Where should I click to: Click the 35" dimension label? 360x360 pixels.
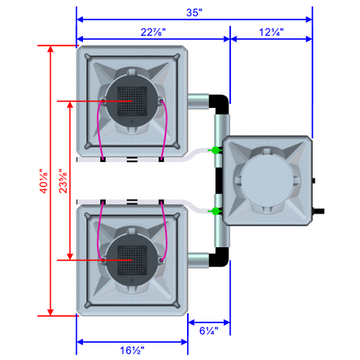point(194,13)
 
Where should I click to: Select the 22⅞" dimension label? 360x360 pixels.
point(153,32)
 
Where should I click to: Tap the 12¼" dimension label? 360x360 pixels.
point(272,32)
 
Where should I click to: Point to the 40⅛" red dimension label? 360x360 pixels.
point(44,181)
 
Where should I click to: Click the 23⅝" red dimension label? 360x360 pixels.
point(63,181)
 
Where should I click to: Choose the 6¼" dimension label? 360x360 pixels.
point(209,331)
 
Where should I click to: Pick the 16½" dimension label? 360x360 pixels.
point(132,350)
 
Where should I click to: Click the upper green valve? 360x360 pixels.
point(215,150)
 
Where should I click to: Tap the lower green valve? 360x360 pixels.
point(215,211)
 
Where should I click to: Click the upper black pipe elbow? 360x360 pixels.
point(221,103)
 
